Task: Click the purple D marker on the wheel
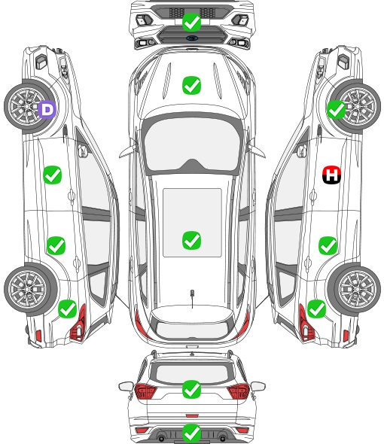[x=47, y=109]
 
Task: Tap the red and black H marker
[x=332, y=175]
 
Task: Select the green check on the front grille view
[x=191, y=22]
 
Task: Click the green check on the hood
[x=191, y=85]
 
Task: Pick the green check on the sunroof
[x=191, y=240]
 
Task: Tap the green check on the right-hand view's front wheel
[x=337, y=110]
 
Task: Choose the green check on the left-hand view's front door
[x=53, y=175]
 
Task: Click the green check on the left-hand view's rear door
[x=56, y=245]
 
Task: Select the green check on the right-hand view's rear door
[x=328, y=245]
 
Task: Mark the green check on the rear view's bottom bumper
[x=191, y=433]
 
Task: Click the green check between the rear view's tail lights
[x=191, y=389]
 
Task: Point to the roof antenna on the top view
[x=192, y=298]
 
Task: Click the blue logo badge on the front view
[x=192, y=38]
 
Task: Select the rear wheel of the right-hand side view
[x=354, y=289]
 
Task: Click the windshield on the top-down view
[x=191, y=144]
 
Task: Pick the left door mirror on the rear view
[x=126, y=386]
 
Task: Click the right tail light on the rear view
[x=239, y=391]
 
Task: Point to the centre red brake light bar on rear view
[x=192, y=415]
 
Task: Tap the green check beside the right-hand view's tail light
[x=316, y=309]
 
